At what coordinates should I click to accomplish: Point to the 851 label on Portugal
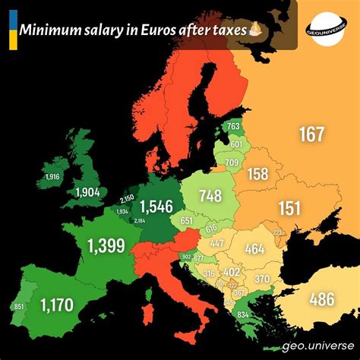pos(20,307)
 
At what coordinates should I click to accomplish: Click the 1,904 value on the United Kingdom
pos(93,192)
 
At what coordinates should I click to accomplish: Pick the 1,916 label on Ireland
pos(52,176)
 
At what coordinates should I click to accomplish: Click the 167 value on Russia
pos(311,134)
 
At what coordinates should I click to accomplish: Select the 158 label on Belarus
pos(258,175)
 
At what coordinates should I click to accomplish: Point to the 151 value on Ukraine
pos(289,208)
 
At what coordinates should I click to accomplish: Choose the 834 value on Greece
pos(242,315)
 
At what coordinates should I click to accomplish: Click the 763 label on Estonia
pos(234,127)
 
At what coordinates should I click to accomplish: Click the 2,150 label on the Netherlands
pos(127,198)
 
